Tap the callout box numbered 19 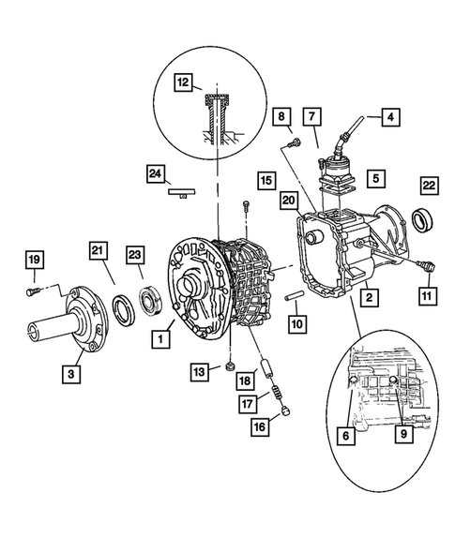click(x=34, y=259)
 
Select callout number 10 click(x=296, y=322)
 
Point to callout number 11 click(x=429, y=296)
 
